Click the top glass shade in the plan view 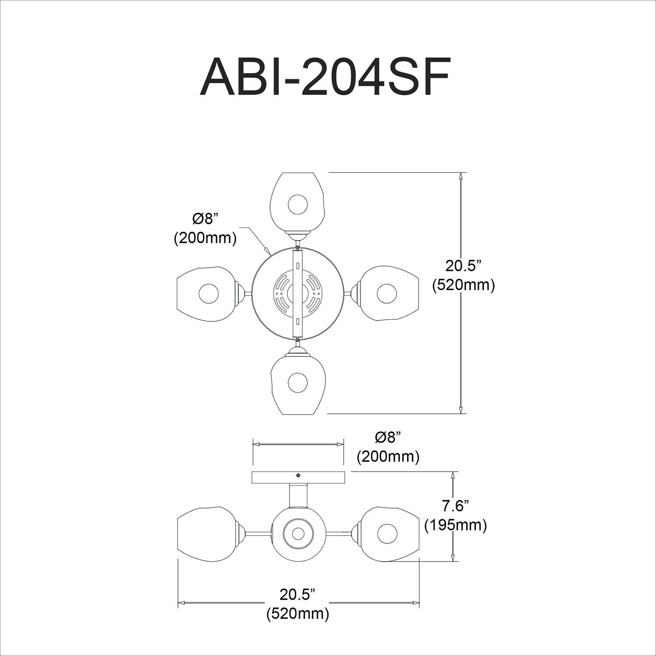[x=297, y=201]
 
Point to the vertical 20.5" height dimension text [x=463, y=266]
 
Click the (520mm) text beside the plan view [x=463, y=285]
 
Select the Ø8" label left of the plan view [x=205, y=219]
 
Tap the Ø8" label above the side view [x=388, y=437]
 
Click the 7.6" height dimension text [x=455, y=506]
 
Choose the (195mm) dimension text [x=455, y=525]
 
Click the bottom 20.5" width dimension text [x=297, y=595]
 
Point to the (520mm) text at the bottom [x=297, y=614]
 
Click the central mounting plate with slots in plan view [x=297, y=293]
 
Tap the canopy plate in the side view [x=298, y=478]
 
